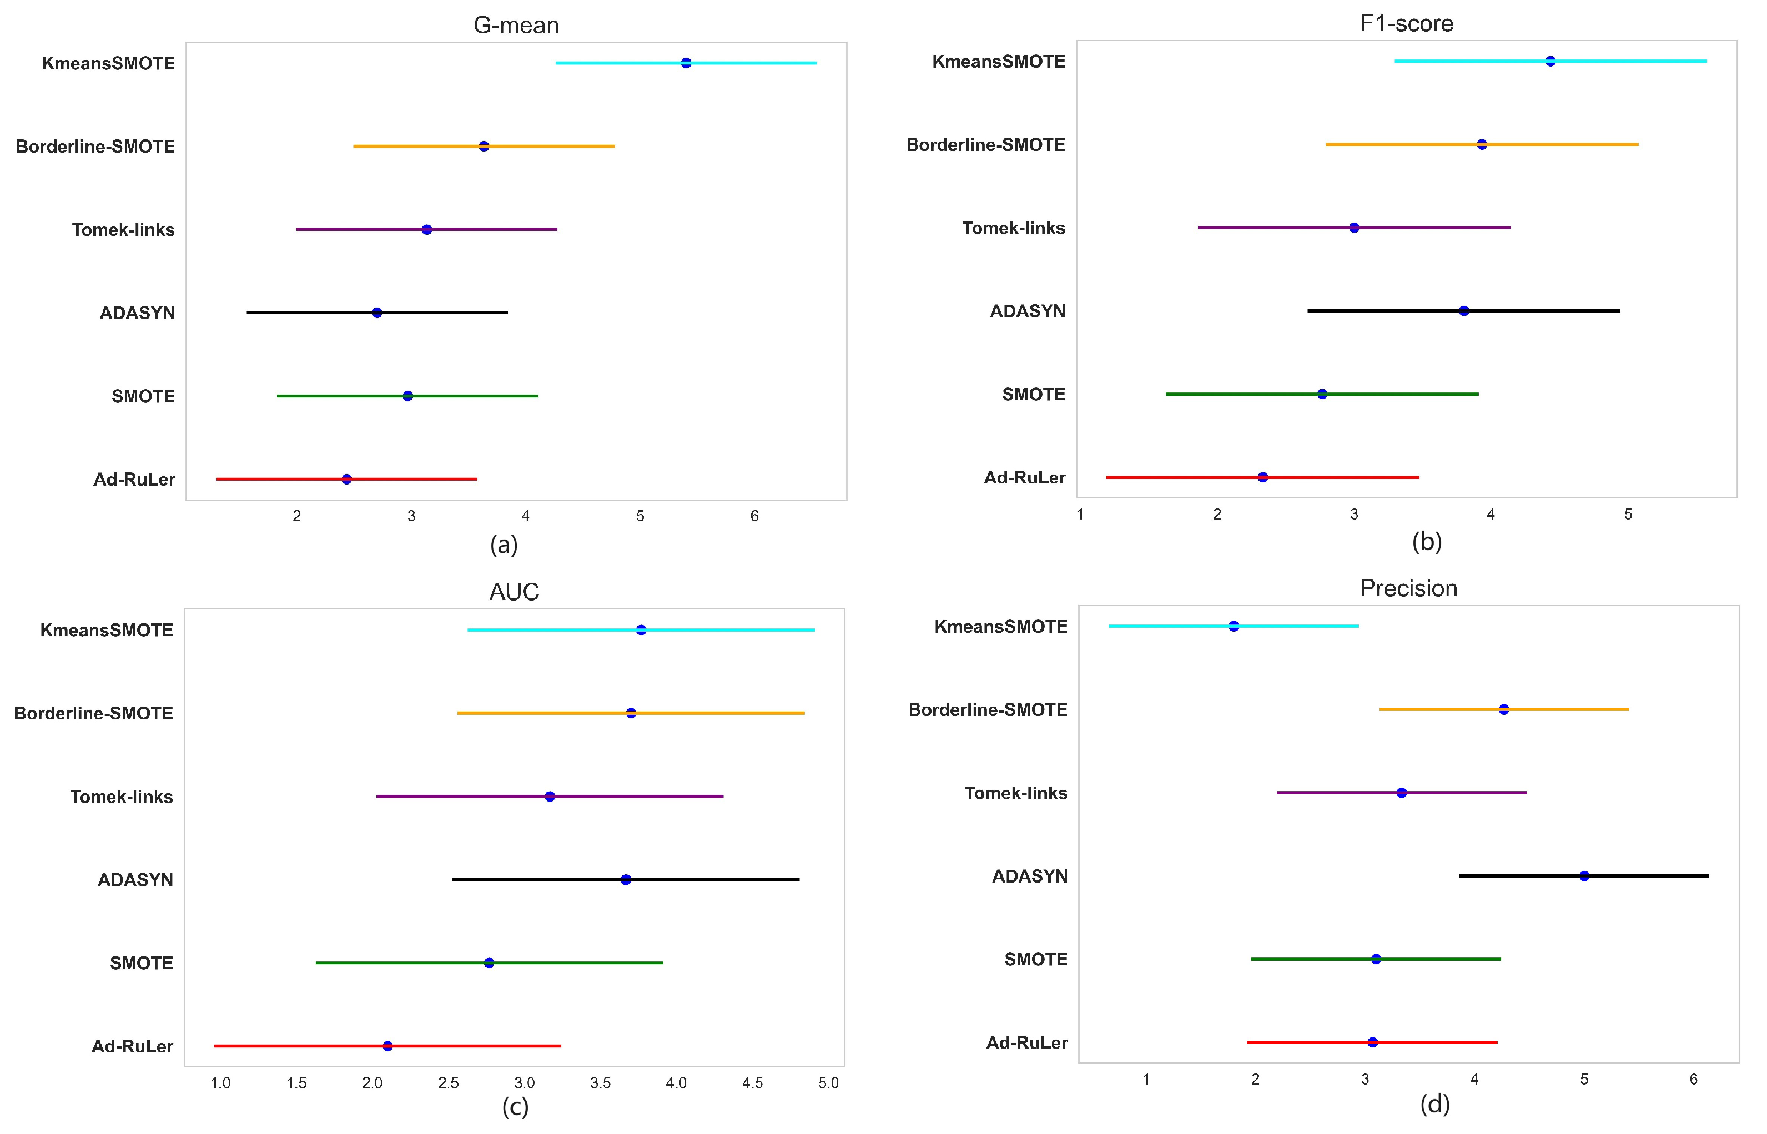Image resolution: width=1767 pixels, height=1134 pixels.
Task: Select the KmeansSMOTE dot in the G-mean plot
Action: (686, 63)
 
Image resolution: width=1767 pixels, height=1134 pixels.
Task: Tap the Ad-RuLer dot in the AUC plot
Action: (387, 1046)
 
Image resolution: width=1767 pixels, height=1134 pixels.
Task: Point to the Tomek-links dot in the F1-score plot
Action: (1354, 228)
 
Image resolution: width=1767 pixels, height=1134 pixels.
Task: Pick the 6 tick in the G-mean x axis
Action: (754, 516)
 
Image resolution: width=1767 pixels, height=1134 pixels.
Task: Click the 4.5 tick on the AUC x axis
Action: (752, 1082)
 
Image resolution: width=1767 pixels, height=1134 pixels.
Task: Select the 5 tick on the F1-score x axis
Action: (1628, 515)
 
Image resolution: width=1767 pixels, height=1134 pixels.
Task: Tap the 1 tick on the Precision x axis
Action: (1146, 1080)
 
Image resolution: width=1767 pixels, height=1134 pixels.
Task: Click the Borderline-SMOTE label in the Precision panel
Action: (988, 710)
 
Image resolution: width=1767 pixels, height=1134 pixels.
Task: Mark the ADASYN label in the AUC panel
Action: (135, 879)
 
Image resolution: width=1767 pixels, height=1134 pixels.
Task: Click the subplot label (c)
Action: (515, 1107)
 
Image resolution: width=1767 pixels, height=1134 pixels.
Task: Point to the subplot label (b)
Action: (1426, 542)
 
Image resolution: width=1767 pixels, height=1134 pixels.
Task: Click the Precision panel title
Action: (1408, 588)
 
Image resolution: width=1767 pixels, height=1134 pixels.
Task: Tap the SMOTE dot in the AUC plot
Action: (489, 962)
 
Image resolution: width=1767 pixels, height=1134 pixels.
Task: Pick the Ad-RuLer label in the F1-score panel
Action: (1024, 478)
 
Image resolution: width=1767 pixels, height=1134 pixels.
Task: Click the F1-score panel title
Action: (1406, 23)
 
